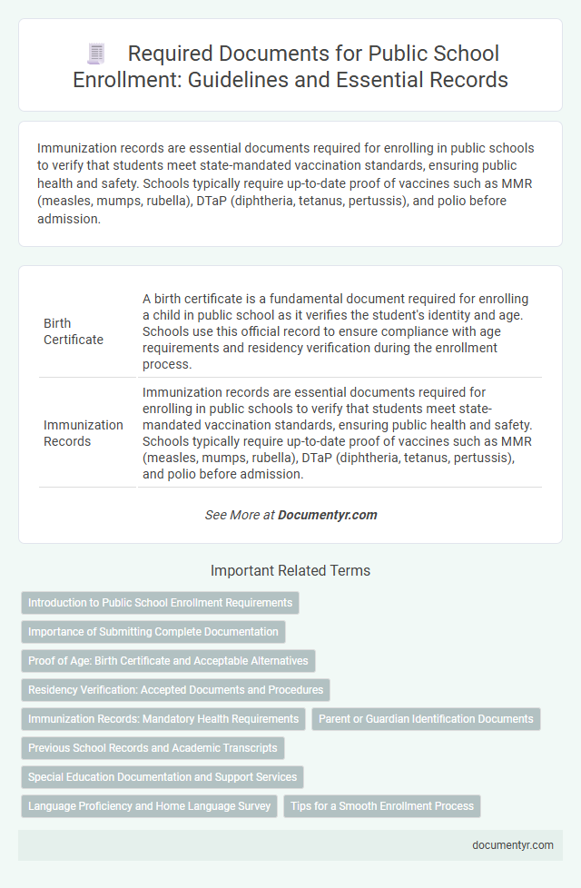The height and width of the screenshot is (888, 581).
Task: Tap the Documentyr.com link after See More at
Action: pos(327,515)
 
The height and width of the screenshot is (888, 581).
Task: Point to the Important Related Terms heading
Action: pos(290,571)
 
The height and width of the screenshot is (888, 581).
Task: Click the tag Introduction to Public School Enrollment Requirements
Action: pos(160,603)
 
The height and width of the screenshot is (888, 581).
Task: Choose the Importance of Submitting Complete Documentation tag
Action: pos(153,632)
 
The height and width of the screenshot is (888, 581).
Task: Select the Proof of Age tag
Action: pos(168,661)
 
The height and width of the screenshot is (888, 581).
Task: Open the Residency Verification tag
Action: pos(175,690)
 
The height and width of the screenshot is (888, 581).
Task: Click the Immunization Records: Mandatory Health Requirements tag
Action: pos(163,719)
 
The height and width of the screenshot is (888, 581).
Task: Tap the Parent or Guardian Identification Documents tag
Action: pos(426,719)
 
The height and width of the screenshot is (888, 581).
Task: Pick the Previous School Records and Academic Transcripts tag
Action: pos(153,748)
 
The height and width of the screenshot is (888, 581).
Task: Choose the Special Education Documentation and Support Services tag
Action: pos(162,777)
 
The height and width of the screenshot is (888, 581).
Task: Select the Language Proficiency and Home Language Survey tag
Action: pos(149,806)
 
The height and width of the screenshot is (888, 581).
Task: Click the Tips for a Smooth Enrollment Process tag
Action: pos(382,806)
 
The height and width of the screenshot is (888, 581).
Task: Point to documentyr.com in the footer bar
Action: pos(514,844)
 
